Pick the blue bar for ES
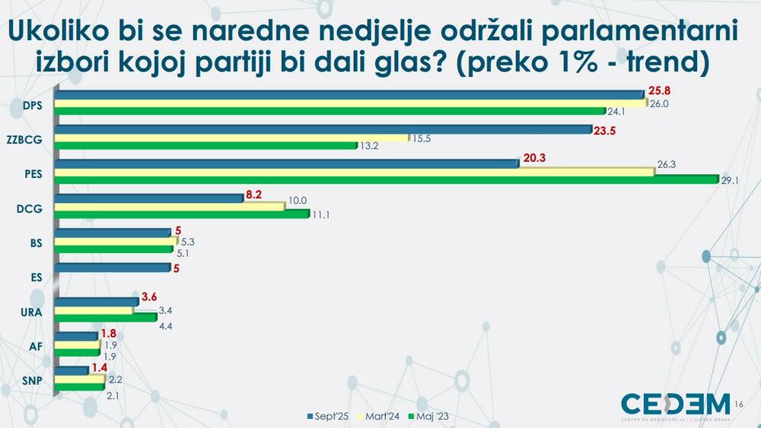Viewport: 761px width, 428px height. coord(113,268)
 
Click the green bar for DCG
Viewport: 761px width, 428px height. coord(182,215)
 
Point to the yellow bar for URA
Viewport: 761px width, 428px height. coord(94,310)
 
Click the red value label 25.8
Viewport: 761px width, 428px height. coord(658,90)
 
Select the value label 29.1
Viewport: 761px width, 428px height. coord(731,180)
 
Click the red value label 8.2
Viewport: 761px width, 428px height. coord(254,195)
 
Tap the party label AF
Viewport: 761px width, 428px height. coord(35,346)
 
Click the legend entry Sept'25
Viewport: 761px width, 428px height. coord(329,416)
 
